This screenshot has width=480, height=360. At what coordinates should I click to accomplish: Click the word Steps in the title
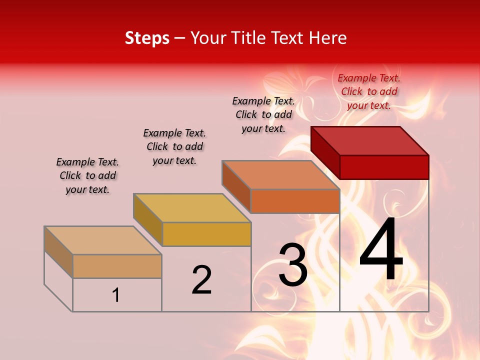click(x=147, y=38)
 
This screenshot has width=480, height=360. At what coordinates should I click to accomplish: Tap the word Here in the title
click(x=328, y=38)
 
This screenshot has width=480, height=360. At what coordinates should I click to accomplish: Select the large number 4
click(x=381, y=250)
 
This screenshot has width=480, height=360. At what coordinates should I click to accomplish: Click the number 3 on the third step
click(x=293, y=265)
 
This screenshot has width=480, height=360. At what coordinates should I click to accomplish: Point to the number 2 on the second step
click(x=201, y=280)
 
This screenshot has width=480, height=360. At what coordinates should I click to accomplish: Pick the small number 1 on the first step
click(x=116, y=295)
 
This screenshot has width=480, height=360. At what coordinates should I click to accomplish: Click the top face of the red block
click(x=370, y=141)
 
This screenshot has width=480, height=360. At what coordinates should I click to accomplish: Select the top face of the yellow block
click(x=192, y=208)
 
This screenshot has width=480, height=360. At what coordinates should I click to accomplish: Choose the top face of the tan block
click(x=103, y=240)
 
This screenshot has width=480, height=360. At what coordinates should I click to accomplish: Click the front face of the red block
click(x=384, y=167)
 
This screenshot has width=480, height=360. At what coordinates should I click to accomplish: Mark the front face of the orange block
click(x=295, y=201)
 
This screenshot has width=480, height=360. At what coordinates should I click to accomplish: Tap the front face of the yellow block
click(x=206, y=234)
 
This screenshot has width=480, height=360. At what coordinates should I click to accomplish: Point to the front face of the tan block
click(x=117, y=266)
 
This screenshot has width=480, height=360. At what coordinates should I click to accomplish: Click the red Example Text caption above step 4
click(x=369, y=91)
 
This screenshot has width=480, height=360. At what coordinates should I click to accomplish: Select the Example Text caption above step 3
click(x=263, y=114)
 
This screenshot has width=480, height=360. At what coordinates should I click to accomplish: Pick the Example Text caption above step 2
click(x=174, y=146)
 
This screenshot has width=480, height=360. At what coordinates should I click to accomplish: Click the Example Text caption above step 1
click(x=87, y=175)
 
